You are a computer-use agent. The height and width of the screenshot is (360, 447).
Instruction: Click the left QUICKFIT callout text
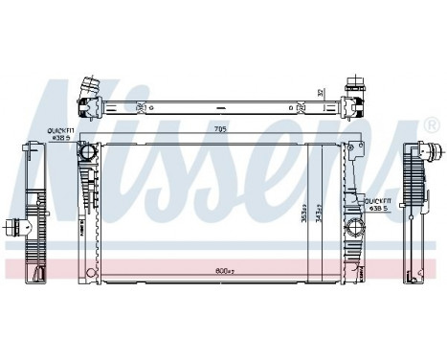coord(62,134)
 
